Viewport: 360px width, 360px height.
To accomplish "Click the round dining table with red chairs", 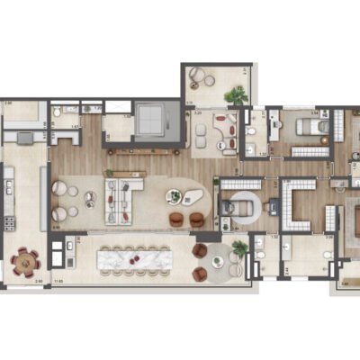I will pos(25,262).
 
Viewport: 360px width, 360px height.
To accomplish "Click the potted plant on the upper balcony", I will pos(237,94).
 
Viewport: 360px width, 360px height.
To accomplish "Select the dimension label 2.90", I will pos(39,282).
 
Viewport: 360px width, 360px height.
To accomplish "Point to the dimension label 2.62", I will pos(8,104).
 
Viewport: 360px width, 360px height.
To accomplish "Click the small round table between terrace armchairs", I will pos(216,262).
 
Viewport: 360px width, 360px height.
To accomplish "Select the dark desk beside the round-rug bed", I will pos(226,210).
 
